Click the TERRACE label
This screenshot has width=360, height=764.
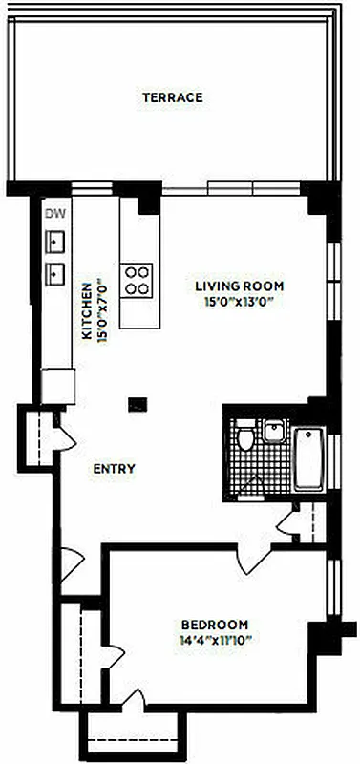click(173, 97)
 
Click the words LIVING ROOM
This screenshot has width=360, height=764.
click(240, 286)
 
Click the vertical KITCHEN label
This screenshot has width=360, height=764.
click(86, 310)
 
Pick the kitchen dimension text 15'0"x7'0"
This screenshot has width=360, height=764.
click(100, 310)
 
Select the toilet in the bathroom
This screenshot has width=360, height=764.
click(246, 440)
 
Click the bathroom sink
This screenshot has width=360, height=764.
click(274, 432)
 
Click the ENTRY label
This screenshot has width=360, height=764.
click(114, 469)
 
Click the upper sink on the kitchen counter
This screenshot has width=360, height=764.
click(55, 240)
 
